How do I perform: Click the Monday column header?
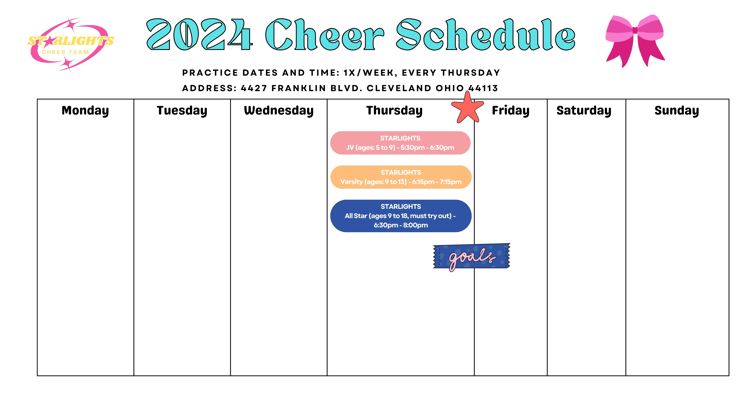85,111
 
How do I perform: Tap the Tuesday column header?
182,111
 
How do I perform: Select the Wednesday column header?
279,111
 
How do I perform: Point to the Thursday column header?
394,111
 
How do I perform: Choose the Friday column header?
511,111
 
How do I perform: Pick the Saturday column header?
584,111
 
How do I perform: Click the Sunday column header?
677,111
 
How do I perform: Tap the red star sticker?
467,108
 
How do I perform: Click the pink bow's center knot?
635,30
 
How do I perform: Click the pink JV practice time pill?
400,143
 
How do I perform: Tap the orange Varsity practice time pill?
401,177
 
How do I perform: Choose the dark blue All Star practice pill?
401,216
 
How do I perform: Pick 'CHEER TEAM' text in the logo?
65,52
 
